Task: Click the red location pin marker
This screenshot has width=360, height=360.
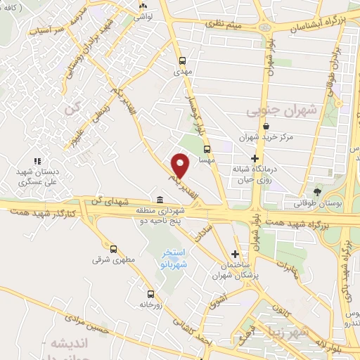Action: (181, 165)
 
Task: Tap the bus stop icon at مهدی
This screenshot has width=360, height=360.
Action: (182, 60)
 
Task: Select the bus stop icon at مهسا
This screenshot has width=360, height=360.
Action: (207, 149)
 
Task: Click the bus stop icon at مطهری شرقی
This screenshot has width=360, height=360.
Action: (113, 248)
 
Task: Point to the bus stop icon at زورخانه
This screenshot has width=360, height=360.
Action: (150, 294)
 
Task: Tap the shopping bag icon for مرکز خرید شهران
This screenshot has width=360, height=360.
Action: (266, 127)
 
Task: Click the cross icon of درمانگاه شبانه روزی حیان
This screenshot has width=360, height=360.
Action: (255, 158)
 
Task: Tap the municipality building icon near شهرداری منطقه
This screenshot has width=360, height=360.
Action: (160, 199)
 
